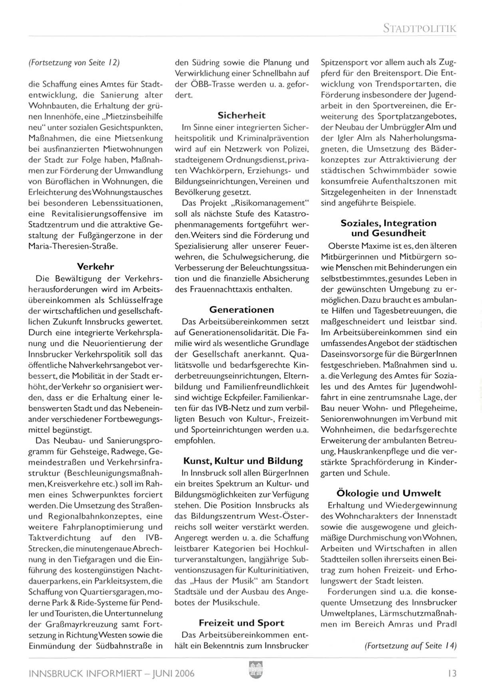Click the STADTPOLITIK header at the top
point(419,28)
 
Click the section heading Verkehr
point(96,266)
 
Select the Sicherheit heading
point(241,116)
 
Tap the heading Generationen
point(242,309)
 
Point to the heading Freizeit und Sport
point(241,623)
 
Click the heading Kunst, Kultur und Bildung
point(243,461)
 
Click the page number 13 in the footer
point(452,673)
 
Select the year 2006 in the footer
point(184,674)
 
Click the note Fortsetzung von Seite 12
point(74,62)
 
